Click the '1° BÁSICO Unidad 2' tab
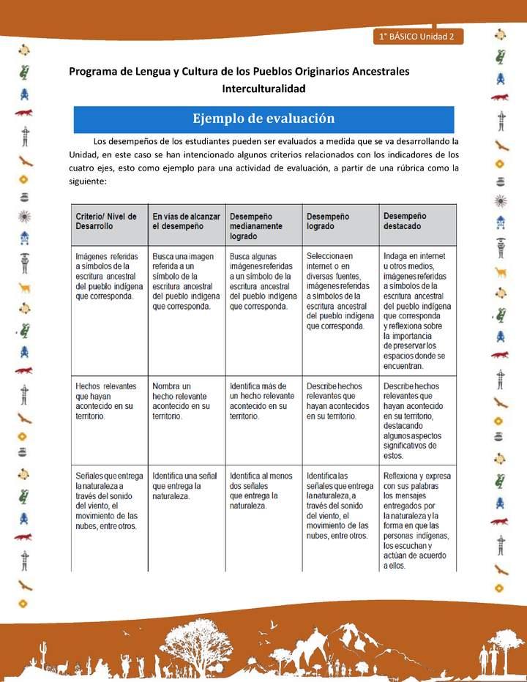(x=416, y=37)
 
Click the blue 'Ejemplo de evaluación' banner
(x=263, y=119)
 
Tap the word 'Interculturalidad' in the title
(x=263, y=88)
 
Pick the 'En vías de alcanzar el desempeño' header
(x=186, y=222)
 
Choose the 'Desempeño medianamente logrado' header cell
(x=263, y=226)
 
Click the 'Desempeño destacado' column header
(x=418, y=222)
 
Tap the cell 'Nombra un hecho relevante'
(x=186, y=400)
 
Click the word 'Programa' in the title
(x=94, y=72)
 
